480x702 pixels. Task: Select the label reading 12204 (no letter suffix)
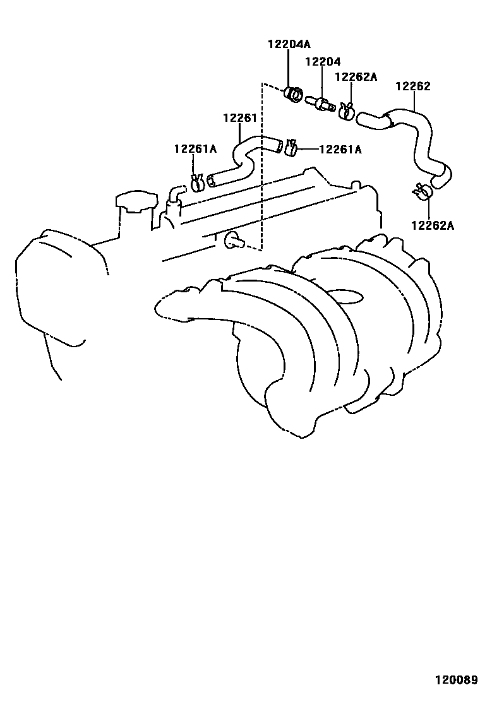(x=323, y=61)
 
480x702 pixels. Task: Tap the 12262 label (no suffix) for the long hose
(x=413, y=86)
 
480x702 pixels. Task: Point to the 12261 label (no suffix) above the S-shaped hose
(x=239, y=118)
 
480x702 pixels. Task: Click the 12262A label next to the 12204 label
(x=356, y=77)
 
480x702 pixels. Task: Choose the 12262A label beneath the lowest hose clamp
(x=432, y=225)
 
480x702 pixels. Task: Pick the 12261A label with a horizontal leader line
(x=340, y=150)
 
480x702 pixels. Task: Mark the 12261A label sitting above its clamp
(x=195, y=149)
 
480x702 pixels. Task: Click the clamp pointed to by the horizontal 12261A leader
(x=291, y=148)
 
